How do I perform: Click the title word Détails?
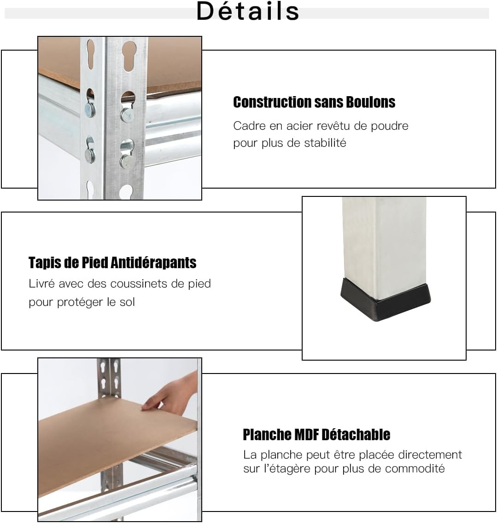point(247,11)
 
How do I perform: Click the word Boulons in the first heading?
point(370,102)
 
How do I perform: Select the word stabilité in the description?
point(325,143)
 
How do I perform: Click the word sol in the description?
point(127,302)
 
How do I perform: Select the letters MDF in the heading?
point(306,435)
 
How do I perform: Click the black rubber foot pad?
point(386,297)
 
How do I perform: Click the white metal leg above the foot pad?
point(385,247)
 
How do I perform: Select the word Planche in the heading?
point(267,435)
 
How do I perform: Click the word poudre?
point(390,126)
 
